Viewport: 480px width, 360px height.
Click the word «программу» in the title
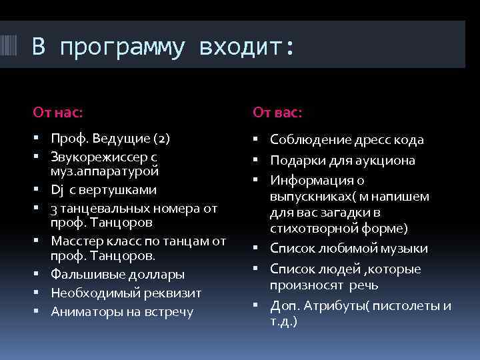point(125,47)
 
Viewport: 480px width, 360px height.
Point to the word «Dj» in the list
point(57,189)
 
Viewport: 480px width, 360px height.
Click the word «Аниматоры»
point(82,311)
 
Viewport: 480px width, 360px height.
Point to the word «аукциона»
point(387,161)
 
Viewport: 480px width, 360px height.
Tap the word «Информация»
point(307,181)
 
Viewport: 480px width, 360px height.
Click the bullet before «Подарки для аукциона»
point(257,161)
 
